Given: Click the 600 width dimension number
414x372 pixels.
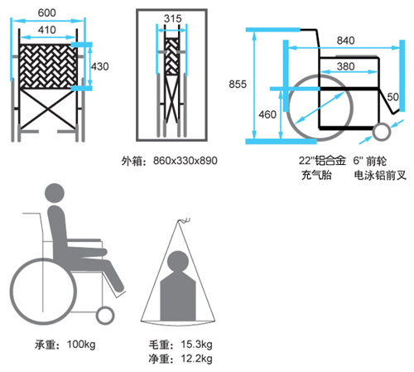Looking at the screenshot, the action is point(46,12).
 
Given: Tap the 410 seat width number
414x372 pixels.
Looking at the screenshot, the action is point(47,30).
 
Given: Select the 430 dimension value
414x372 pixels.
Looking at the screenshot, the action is point(100,66).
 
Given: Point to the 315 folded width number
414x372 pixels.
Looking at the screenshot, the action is point(173,18).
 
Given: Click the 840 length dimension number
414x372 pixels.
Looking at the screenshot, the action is point(345,41).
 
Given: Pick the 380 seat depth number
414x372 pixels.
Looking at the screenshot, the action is point(345,66).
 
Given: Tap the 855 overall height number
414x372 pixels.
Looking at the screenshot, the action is point(238,85).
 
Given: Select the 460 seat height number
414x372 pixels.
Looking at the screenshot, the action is point(267,114).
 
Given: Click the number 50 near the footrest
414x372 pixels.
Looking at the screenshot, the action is point(392,97).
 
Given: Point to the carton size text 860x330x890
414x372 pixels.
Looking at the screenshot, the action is point(185,161).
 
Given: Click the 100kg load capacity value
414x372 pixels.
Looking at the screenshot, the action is point(81,345).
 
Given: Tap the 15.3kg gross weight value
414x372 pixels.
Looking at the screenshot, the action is point(196,345).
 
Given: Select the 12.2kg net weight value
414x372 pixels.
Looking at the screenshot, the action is point(196,359).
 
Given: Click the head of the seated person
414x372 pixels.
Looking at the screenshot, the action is point(55,193).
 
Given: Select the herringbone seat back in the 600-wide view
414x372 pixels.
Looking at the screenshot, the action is point(48,66).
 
